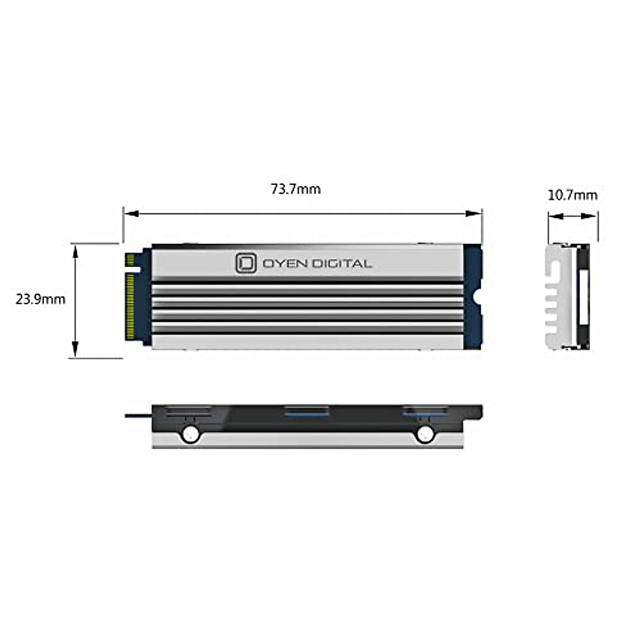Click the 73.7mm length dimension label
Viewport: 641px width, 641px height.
pos(295,189)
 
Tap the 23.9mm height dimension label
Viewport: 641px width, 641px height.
pos(40,299)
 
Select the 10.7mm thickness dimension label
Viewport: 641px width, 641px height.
pos(572,195)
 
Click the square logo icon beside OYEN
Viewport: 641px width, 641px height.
pos(246,263)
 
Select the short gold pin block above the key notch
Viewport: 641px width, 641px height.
pos(129,260)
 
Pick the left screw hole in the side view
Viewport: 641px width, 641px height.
pos(190,434)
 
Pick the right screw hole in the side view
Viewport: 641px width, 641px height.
pos(425,434)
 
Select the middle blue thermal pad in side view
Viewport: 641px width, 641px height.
pos(306,411)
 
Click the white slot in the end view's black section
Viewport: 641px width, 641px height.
pos(583,297)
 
